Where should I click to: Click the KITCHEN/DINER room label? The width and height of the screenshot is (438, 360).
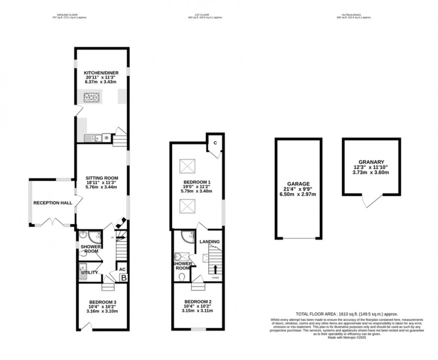coord(101,73)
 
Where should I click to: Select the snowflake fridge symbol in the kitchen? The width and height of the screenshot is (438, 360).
coord(106,138)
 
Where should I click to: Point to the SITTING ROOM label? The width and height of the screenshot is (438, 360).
coord(101,178)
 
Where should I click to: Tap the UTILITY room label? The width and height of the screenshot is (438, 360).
coord(90,272)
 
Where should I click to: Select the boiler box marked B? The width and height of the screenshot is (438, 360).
coord(124,278)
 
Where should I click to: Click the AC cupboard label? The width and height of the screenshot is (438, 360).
coord(122,269)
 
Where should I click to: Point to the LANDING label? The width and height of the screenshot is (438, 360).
coord(210,242)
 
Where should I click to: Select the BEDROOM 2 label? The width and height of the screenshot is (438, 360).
coord(198,302)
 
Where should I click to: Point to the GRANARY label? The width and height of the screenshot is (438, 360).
coord(371,162)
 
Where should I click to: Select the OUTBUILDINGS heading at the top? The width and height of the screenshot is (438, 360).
coord(349,15)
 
